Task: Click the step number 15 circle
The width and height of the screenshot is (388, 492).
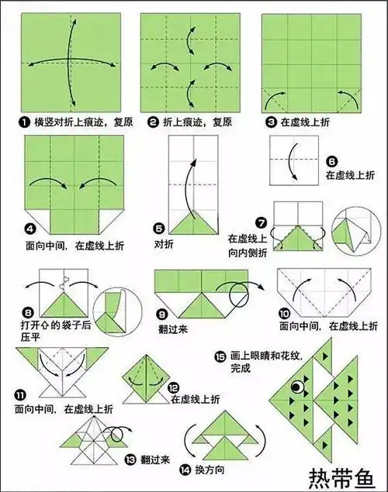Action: click(x=221, y=356)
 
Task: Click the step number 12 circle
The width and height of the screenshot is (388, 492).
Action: click(x=174, y=386)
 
